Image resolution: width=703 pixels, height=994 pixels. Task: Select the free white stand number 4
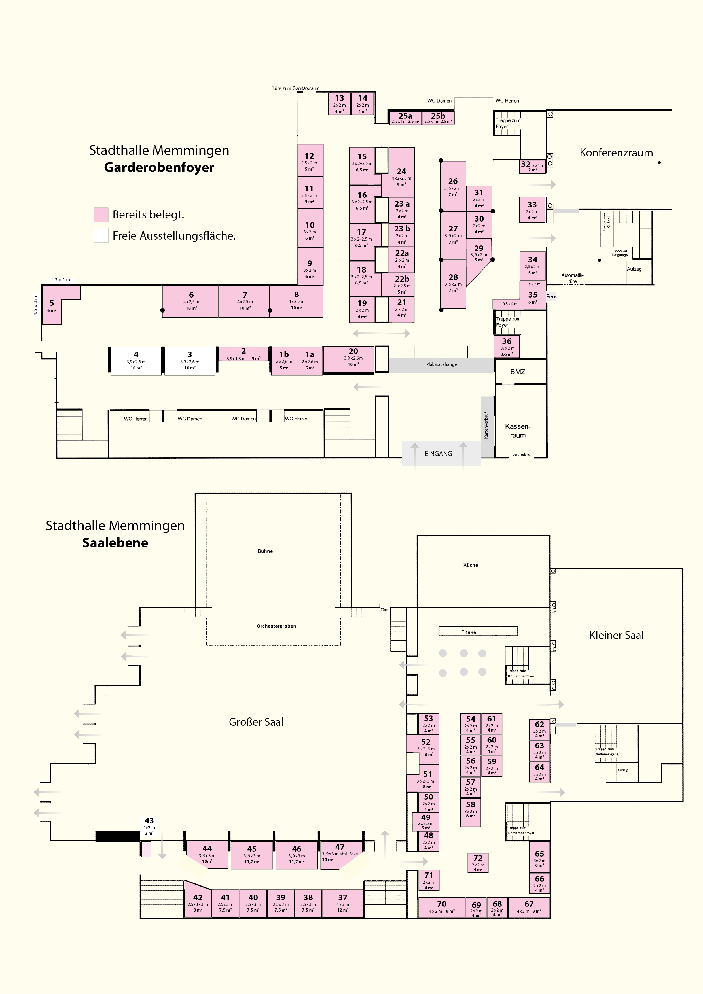tap(136, 361)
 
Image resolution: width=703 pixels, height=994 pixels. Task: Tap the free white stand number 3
tap(190, 361)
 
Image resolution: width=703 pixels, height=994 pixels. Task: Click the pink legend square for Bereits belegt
tap(101, 215)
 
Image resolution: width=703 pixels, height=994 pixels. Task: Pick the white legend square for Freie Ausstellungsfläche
tap(101, 235)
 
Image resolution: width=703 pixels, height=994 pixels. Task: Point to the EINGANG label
tap(438, 454)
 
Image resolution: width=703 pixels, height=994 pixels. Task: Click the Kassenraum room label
tap(518, 431)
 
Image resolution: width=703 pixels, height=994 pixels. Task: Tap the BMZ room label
tap(518, 372)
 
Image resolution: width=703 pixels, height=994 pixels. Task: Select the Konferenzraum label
tap(616, 153)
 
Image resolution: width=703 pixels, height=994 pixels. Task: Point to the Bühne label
tap(265, 551)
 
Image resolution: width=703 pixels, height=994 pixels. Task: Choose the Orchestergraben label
tap(276, 626)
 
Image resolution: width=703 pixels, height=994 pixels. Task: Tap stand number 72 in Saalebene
tap(478, 863)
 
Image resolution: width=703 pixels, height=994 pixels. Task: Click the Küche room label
tap(470, 565)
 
